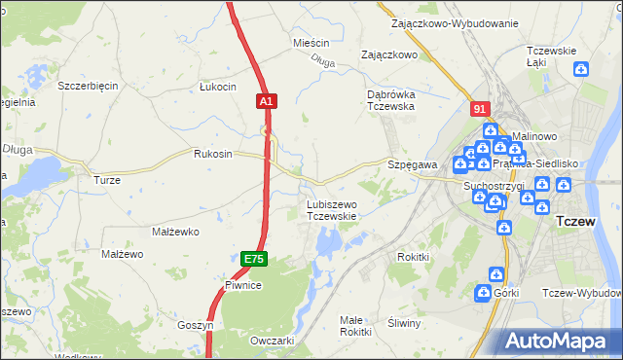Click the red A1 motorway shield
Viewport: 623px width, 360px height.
(x=269, y=100)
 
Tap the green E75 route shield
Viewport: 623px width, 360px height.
(x=254, y=258)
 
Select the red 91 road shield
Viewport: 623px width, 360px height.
(x=478, y=110)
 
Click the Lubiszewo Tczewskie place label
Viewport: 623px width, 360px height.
(x=332, y=210)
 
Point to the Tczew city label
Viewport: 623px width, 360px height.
(x=581, y=222)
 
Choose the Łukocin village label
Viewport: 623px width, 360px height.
(x=217, y=87)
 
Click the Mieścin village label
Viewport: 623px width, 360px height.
(x=311, y=44)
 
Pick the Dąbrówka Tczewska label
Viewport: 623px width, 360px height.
(x=391, y=100)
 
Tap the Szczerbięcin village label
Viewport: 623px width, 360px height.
(x=88, y=86)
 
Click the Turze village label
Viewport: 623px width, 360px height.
(x=106, y=181)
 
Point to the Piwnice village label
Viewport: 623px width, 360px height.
(x=242, y=285)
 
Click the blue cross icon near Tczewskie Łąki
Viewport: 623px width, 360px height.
(x=581, y=69)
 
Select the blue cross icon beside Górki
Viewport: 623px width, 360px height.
(x=484, y=292)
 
